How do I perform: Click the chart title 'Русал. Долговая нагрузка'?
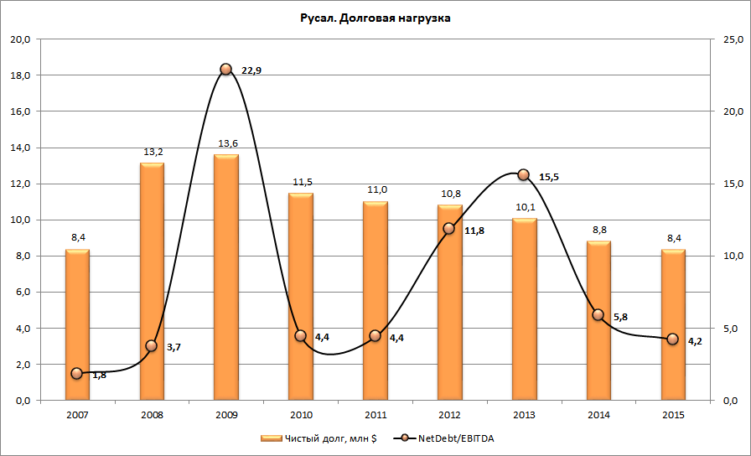(375, 18)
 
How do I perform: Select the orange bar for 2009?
(225, 277)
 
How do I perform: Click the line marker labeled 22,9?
(225, 69)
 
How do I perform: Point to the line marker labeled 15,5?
(523, 175)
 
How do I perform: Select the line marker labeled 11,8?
(448, 228)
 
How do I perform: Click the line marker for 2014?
(598, 315)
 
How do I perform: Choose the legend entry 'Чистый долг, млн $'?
(319, 437)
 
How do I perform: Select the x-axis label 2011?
(375, 415)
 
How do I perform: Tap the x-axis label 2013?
(523, 415)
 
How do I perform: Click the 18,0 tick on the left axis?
(20, 75)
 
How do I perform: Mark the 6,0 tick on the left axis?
(20, 293)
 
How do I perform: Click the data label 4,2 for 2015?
(694, 341)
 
